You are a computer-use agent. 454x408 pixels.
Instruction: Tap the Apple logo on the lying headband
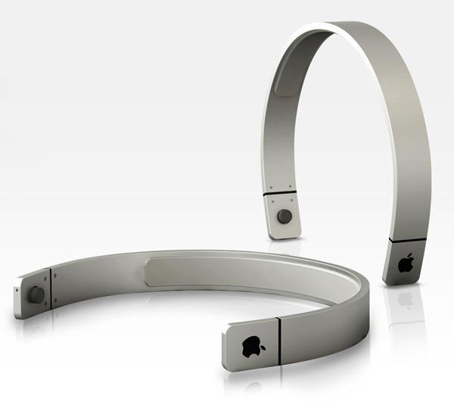pyautogui.click(x=251, y=341)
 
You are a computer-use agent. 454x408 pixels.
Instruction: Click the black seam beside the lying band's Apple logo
pyautogui.click(x=279, y=333)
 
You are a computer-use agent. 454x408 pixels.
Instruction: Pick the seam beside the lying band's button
pyautogui.click(x=50, y=288)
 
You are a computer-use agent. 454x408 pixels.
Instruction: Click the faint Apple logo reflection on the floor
pyautogui.click(x=406, y=300)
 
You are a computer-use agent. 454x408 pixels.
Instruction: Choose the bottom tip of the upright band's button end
pyautogui.click(x=284, y=237)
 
